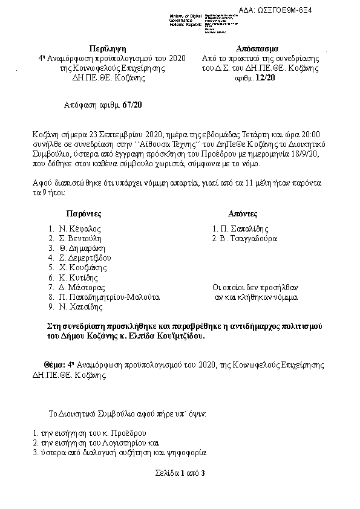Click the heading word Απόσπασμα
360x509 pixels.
coord(260,48)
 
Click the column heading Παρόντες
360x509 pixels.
coord(83,214)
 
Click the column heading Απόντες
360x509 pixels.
coord(243,214)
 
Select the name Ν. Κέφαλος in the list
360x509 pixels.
coord(79,229)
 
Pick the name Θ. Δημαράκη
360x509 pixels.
coord(82,248)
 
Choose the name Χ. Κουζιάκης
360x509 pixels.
coord(83,268)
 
